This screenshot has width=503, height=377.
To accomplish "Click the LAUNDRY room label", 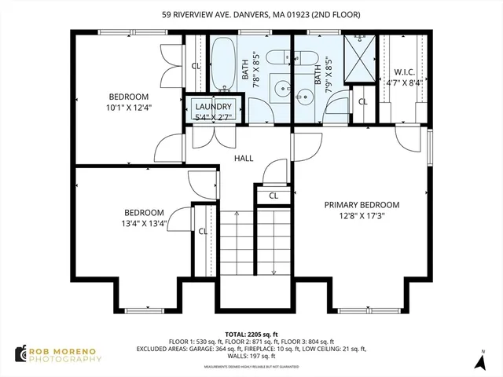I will [x=214, y=107].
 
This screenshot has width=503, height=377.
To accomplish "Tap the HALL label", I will [x=244, y=158].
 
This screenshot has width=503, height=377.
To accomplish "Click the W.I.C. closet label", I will [x=404, y=72].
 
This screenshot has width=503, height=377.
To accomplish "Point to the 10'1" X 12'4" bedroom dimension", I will [x=129, y=108].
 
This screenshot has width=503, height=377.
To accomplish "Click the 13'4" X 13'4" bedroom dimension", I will [x=144, y=223].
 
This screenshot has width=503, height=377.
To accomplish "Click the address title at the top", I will [x=251, y=13].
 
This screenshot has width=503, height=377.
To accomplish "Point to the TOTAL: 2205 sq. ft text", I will [x=251, y=334].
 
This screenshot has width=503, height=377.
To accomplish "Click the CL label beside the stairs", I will [x=202, y=231].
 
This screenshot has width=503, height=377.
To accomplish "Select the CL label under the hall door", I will [x=274, y=196].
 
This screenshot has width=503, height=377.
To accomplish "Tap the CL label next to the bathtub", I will [x=196, y=66].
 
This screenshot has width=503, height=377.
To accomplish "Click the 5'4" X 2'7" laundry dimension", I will [x=214, y=117].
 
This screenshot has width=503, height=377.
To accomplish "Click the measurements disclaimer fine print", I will [x=251, y=364].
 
